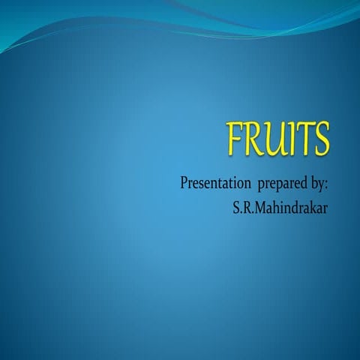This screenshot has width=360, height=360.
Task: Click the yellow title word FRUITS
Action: [278, 141]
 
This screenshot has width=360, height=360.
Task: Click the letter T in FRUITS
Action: [303, 141]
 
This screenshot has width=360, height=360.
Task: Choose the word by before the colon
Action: [318, 184]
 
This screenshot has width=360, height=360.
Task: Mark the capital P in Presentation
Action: [184, 183]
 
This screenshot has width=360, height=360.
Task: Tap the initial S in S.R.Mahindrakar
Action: [237, 205]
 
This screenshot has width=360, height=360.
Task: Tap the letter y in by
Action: [322, 185]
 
